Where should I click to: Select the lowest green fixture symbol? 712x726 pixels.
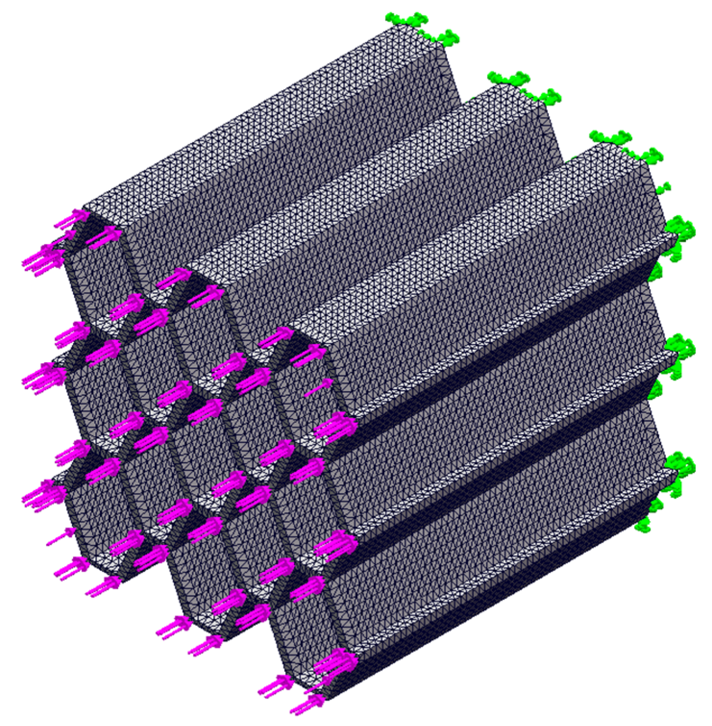tap(643, 523)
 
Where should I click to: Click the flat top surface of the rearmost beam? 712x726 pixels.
tap(269, 120)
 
